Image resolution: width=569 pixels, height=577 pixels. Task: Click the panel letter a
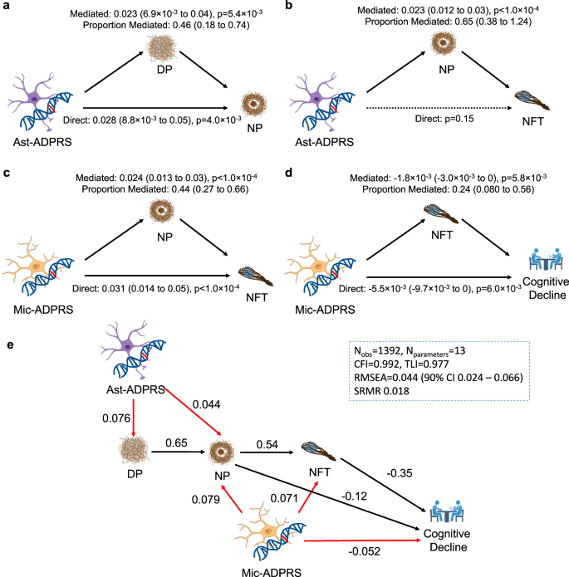[x=7, y=7]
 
